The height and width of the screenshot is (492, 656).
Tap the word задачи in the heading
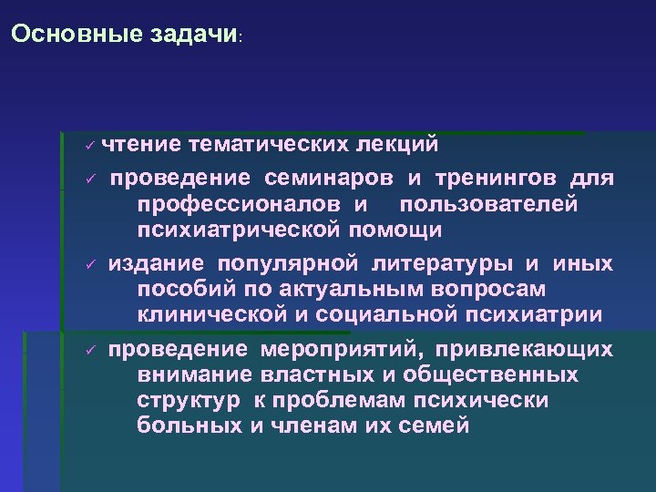[192, 35]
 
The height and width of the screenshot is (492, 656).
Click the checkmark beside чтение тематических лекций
[89, 146]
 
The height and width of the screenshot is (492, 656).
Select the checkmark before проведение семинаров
[89, 178]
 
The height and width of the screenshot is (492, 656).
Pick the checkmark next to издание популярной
[89, 265]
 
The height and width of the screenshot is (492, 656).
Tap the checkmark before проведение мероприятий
[89, 352]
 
